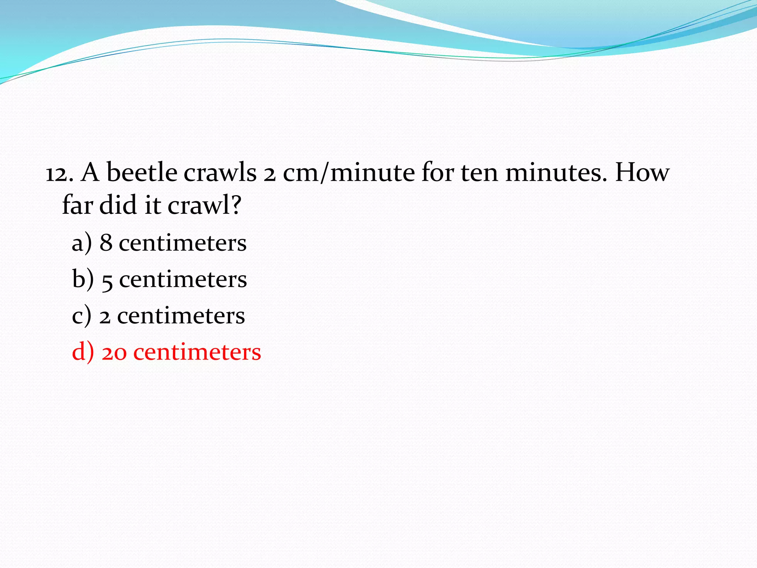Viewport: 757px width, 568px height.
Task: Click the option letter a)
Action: pyautogui.click(x=82, y=243)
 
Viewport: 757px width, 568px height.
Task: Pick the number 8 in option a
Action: pyautogui.click(x=106, y=243)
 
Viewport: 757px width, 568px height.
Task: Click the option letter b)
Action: pyautogui.click(x=83, y=279)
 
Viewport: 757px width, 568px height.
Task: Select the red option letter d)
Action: pyautogui.click(x=83, y=352)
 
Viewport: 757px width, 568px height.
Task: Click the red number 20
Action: pyautogui.click(x=114, y=353)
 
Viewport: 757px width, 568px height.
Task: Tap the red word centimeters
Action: pyautogui.click(x=197, y=352)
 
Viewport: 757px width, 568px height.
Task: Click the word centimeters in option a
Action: pyautogui.click(x=183, y=243)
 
